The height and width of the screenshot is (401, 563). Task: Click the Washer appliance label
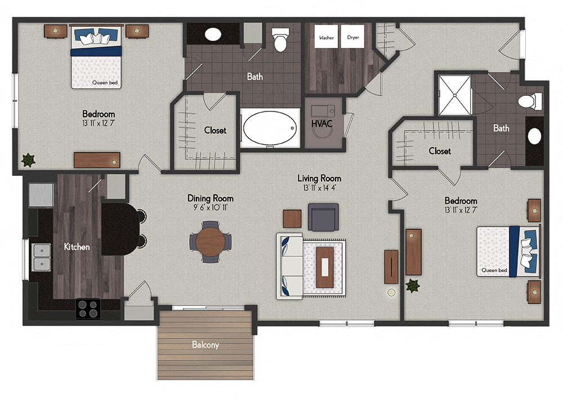pos(326,38)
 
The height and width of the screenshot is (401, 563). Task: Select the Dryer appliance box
pos(352,38)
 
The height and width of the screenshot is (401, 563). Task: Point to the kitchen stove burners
pos(88,309)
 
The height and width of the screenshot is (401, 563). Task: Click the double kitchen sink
pos(41,257)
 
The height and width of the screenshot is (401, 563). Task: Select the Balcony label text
pos(205,345)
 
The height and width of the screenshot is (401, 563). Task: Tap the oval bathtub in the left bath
pos(270,128)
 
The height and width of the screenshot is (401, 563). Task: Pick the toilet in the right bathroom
pos(529,102)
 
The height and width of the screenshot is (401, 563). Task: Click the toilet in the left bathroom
pos(280,41)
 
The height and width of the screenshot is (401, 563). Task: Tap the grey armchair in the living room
pos(324,217)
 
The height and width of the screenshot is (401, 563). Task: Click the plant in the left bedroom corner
pos(27,160)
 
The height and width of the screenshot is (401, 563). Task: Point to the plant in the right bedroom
pos(413,286)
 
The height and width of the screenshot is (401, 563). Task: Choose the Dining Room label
pos(211,198)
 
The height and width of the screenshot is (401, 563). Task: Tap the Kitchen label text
pos(77,247)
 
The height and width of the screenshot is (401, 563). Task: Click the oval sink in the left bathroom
pos(212,34)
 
